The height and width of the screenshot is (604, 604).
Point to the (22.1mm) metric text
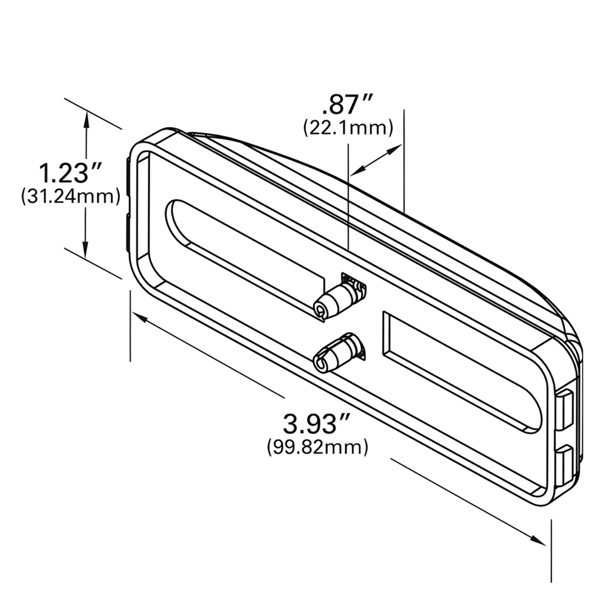(x=348, y=127)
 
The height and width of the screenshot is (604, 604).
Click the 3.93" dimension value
(x=317, y=424)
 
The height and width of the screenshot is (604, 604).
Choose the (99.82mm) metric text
(x=317, y=447)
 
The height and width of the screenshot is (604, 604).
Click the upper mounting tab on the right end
(x=564, y=408)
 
